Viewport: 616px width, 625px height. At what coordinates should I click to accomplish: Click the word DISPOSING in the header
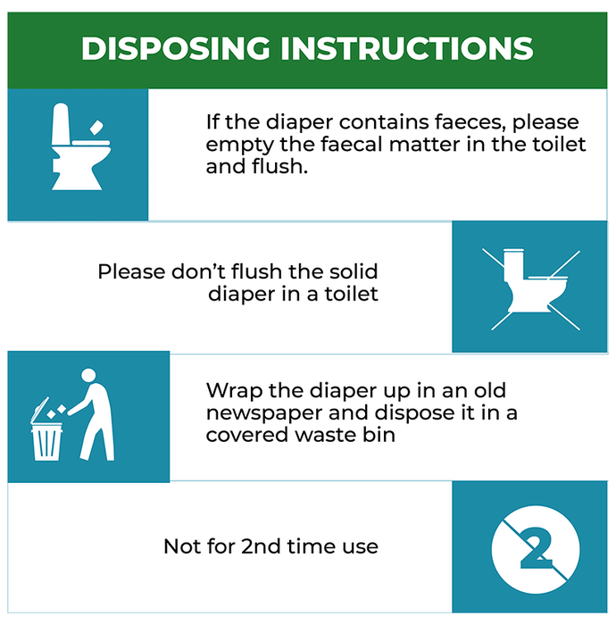pyautogui.click(x=175, y=48)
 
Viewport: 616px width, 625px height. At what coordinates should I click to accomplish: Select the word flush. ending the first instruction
pyautogui.click(x=279, y=166)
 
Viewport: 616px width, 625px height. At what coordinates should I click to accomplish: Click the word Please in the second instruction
pyautogui.click(x=131, y=272)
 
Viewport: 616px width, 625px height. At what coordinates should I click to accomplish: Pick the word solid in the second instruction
pyautogui.click(x=354, y=271)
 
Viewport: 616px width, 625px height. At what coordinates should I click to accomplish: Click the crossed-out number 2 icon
pyautogui.click(x=536, y=549)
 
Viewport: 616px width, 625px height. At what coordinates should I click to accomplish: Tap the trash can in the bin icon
pyautogui.click(x=46, y=442)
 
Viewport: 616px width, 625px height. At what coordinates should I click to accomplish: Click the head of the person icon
pyautogui.click(x=88, y=375)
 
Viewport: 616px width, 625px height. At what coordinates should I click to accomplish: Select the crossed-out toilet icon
pyautogui.click(x=531, y=289)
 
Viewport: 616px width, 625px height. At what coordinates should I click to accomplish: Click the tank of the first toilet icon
pyautogui.click(x=61, y=124)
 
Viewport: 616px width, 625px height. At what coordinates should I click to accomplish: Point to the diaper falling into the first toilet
pyautogui.click(x=96, y=128)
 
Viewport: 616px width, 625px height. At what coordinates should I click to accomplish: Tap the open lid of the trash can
pyautogui.click(x=39, y=410)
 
